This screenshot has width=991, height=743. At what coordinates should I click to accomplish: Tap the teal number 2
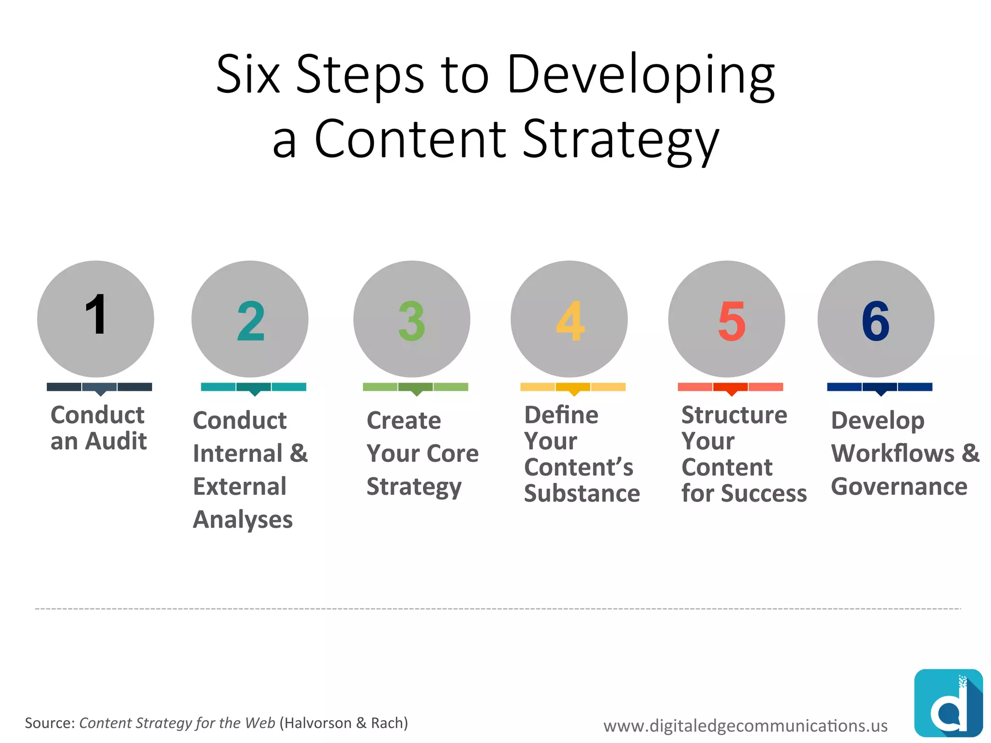(x=251, y=321)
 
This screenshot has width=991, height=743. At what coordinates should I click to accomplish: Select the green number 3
(x=411, y=321)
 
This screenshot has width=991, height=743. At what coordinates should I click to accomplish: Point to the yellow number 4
(x=570, y=321)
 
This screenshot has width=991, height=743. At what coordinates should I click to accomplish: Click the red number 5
(x=731, y=321)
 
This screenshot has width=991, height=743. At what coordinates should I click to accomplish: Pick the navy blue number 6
(x=875, y=321)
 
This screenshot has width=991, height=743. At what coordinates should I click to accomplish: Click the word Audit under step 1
(x=116, y=441)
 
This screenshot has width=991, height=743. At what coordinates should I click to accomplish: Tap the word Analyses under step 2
(x=242, y=520)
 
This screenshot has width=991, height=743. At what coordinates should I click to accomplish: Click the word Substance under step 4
(x=582, y=493)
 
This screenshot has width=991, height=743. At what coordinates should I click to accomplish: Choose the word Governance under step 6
(x=899, y=486)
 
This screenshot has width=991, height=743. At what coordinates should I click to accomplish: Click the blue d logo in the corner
(x=948, y=702)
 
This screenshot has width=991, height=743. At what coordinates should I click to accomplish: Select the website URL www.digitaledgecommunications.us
(x=745, y=726)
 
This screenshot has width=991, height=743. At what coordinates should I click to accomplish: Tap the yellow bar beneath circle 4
(x=572, y=386)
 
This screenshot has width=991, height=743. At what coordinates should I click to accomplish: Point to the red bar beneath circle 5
(x=730, y=386)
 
